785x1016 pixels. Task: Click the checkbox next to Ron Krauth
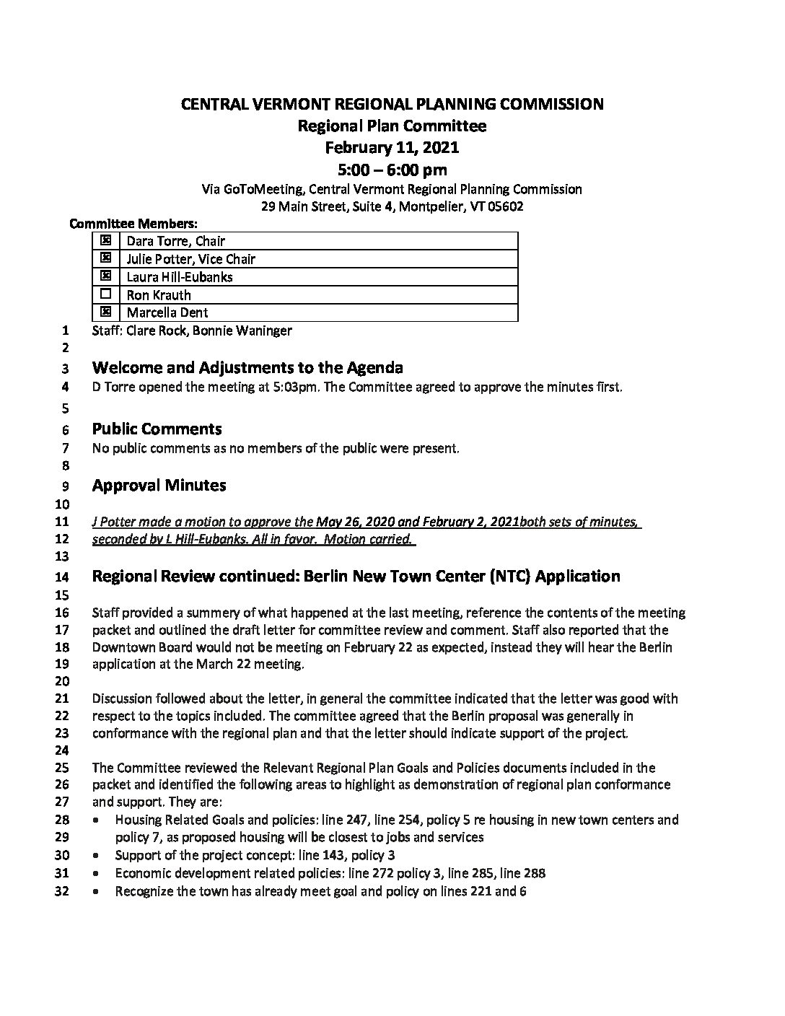pyautogui.click(x=106, y=294)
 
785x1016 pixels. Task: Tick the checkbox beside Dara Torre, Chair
pyautogui.click(x=106, y=240)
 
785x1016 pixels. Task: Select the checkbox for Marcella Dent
pyautogui.click(x=106, y=312)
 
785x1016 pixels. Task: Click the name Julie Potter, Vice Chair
pyautogui.click(x=190, y=258)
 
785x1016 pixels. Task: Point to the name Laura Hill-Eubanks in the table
pyautogui.click(x=179, y=276)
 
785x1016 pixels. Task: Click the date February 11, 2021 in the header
pyautogui.click(x=392, y=148)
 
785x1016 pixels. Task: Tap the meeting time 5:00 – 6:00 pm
pyautogui.click(x=392, y=170)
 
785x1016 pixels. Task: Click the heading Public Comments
pyautogui.click(x=157, y=429)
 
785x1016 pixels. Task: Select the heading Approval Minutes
pyautogui.click(x=159, y=486)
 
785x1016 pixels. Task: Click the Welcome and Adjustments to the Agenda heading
pyautogui.click(x=247, y=368)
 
